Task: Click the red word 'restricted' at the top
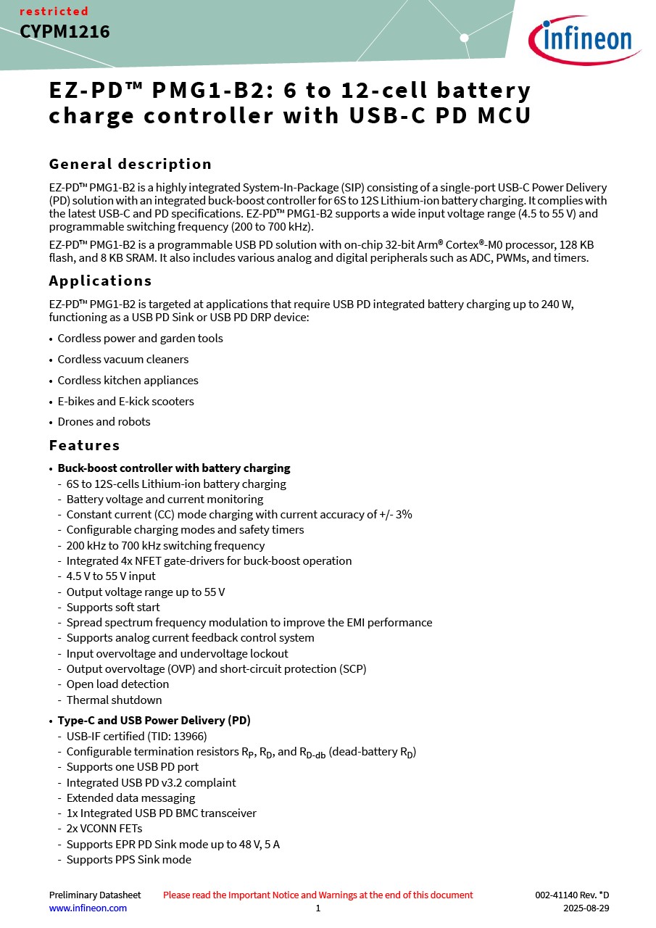click(54, 12)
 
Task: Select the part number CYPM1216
click(65, 32)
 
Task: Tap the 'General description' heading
click(130, 164)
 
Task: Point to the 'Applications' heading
click(100, 281)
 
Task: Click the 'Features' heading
click(84, 445)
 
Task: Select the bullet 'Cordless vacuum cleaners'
click(123, 360)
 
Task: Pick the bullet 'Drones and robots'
click(104, 422)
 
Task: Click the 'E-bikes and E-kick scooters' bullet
click(125, 401)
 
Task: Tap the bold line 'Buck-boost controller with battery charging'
click(174, 468)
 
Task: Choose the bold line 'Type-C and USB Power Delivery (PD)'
click(154, 721)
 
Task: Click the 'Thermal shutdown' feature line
click(114, 700)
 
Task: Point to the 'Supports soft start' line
click(113, 608)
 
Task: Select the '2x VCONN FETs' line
click(104, 829)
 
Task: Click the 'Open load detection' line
click(117, 684)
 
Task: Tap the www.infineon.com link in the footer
click(88, 908)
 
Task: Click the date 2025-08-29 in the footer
click(586, 908)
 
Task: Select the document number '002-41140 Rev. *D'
click(572, 895)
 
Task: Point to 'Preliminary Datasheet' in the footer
click(95, 895)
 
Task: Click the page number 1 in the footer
click(317, 908)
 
